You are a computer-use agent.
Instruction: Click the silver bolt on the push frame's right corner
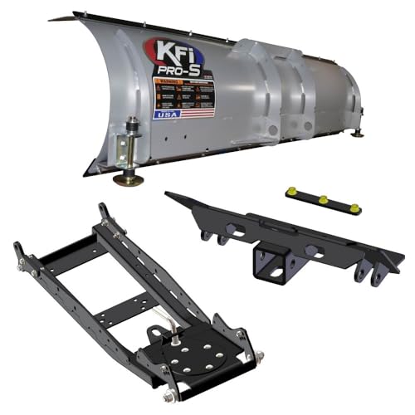258,355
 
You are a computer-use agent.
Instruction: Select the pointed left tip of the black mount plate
168,195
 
